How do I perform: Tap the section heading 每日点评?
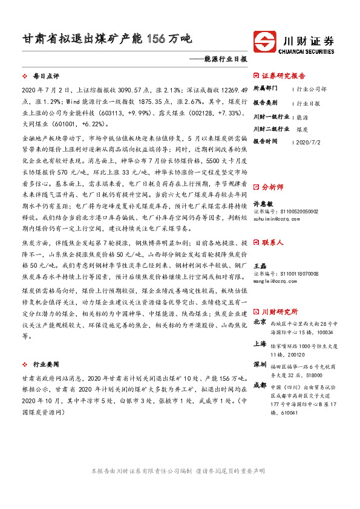(46, 77)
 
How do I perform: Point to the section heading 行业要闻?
(46, 365)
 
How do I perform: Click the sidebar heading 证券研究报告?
(284, 76)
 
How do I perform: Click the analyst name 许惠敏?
(263, 203)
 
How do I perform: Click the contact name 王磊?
(259, 265)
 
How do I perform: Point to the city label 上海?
(260, 343)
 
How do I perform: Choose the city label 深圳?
(260, 365)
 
